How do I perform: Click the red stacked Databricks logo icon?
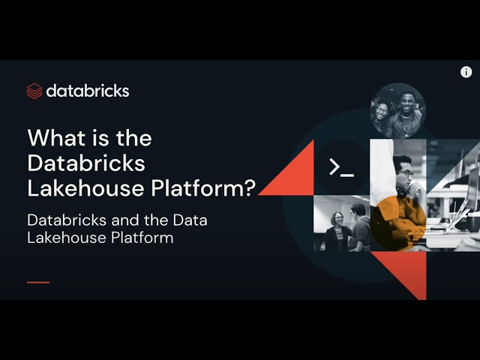(34, 91)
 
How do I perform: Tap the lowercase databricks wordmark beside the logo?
(88, 91)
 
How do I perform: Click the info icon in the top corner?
(466, 72)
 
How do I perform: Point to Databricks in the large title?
(86, 163)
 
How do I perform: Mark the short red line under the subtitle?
(37, 282)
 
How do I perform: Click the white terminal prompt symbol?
(341, 167)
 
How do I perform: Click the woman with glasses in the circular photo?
(382, 112)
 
